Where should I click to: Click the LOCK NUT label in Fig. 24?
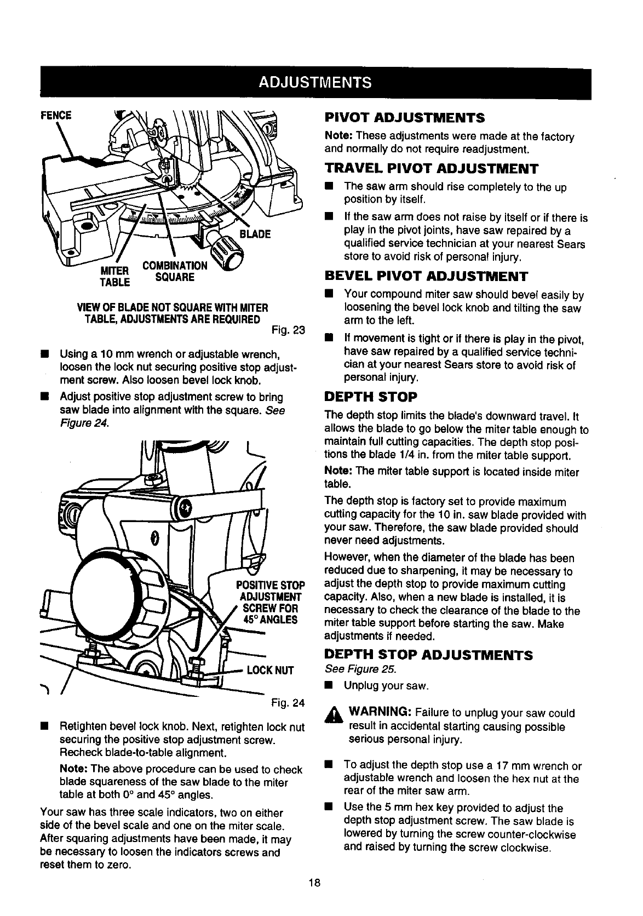pyautogui.click(x=271, y=671)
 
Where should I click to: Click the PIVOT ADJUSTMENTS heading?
pyautogui.click(x=404, y=117)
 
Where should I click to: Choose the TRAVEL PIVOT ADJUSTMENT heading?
pyautogui.click(x=432, y=168)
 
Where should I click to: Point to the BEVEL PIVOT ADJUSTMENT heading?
pyautogui.click(x=426, y=275)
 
